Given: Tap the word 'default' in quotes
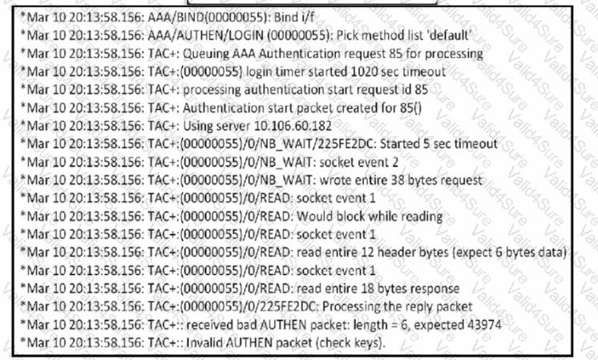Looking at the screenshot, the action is [451, 35].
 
